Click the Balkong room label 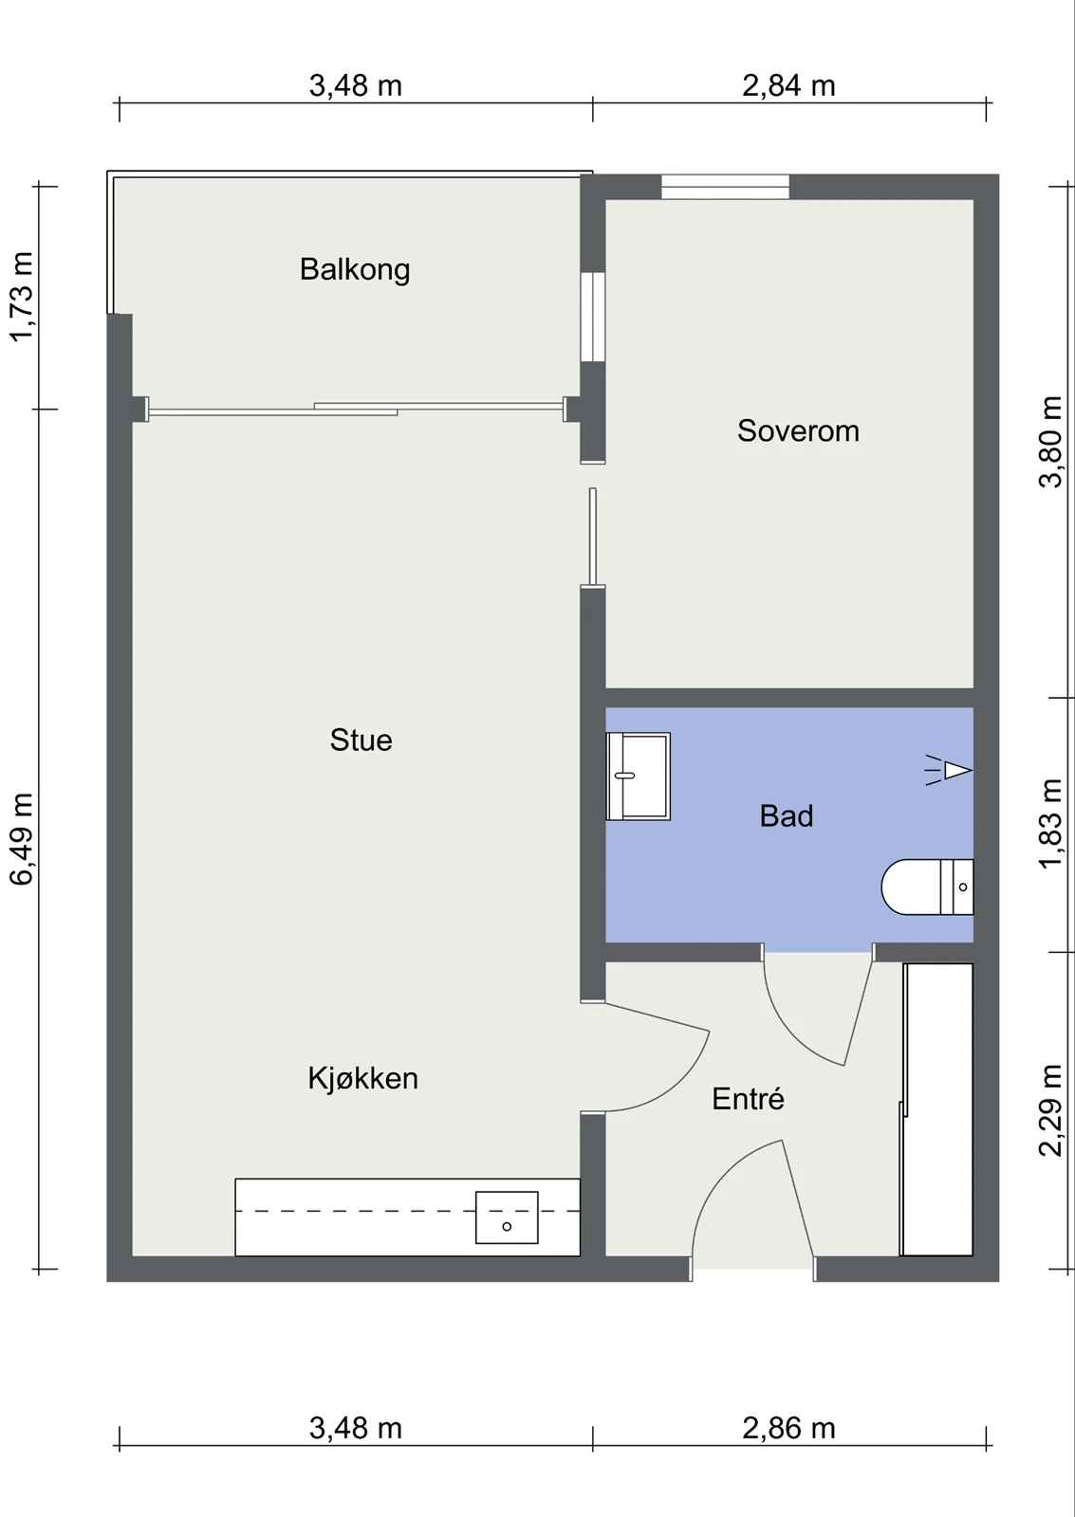[x=355, y=269]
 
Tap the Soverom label [x=798, y=430]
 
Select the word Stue [x=361, y=740]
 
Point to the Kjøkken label [x=362, y=1079]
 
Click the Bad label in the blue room [x=787, y=816]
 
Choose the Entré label [x=748, y=1099]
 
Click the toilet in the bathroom [x=927, y=886]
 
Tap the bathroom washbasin [x=638, y=777]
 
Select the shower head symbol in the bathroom [x=949, y=770]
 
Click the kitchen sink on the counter [x=507, y=1217]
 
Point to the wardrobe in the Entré [x=936, y=1110]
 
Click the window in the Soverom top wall [x=725, y=187]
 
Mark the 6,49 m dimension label [x=21, y=838]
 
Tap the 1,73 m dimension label [x=21, y=297]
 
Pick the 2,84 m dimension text [x=788, y=86]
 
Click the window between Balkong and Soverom [x=592, y=317]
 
